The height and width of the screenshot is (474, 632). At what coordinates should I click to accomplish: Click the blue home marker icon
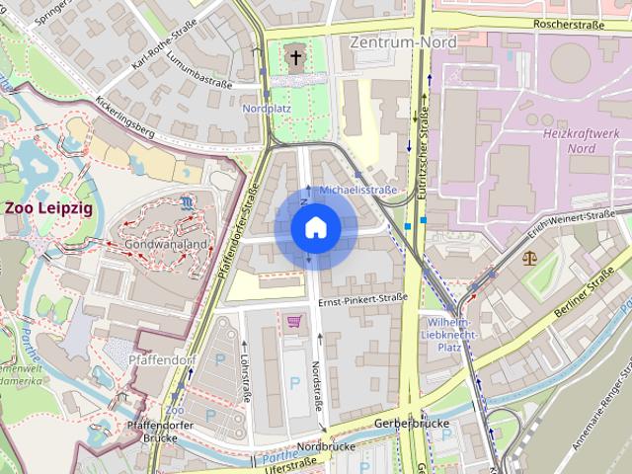[315, 228]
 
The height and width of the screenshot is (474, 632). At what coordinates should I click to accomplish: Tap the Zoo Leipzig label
[46, 208]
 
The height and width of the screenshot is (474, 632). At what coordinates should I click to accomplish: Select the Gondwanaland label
[164, 243]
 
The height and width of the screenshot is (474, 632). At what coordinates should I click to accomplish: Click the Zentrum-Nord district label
[403, 42]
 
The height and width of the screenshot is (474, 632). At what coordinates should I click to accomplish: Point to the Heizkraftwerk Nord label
[582, 140]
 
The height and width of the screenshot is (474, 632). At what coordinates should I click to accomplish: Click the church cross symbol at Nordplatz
[295, 57]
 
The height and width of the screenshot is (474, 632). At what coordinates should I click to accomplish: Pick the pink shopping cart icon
[293, 320]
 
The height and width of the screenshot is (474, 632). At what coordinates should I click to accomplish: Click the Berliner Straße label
[588, 297]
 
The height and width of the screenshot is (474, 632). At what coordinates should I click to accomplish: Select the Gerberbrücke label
[412, 423]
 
